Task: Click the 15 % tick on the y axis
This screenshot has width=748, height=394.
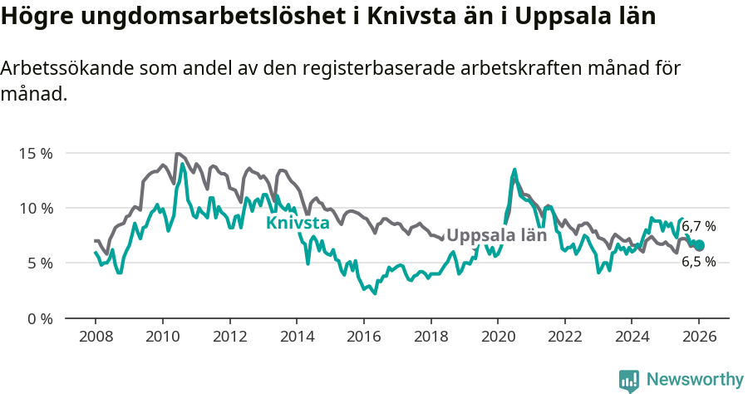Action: (35, 154)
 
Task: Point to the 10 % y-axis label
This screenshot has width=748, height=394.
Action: (35, 208)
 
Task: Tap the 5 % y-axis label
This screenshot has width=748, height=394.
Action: (38, 263)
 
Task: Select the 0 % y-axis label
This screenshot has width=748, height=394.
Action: (38, 318)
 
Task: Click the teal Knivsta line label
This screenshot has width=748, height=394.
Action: (298, 223)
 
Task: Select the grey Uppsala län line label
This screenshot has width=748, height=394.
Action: (496, 235)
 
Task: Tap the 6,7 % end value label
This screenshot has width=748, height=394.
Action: (699, 226)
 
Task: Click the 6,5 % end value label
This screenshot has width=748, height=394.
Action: (699, 262)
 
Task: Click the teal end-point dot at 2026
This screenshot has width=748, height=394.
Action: (699, 245)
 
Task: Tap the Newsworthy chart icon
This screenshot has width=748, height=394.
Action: (629, 380)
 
